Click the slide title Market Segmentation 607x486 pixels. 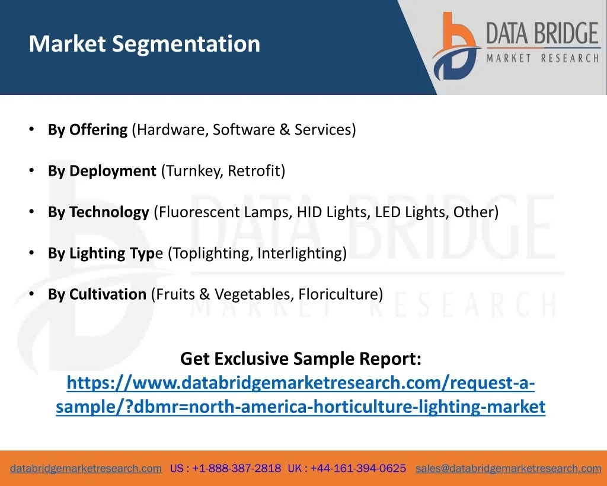pos(145,44)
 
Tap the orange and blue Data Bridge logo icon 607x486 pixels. pos(456,46)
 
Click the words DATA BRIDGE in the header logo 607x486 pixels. pos(542,33)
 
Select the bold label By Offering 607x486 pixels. pos(88,130)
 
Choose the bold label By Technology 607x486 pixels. pos(98,212)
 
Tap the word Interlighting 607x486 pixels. pos(299,253)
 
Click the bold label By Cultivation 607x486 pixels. pos(97,294)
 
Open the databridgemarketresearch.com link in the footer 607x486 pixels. pos(86,469)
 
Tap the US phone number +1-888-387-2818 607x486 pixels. pos(237,469)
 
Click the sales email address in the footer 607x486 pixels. pos(508,469)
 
